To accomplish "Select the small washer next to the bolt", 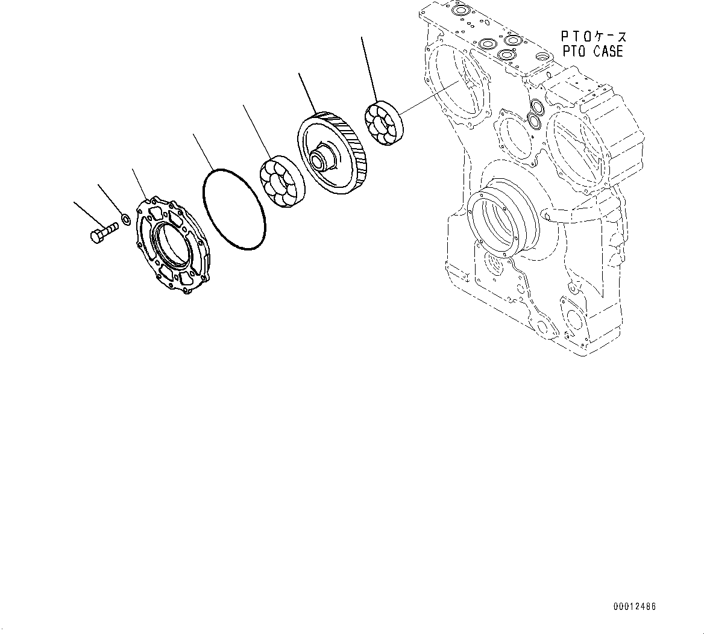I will [x=126, y=218].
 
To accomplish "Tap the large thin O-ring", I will [x=234, y=209].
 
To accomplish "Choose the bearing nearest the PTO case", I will [x=384, y=125].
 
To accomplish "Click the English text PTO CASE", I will [x=592, y=52].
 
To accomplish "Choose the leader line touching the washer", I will [x=110, y=199].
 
